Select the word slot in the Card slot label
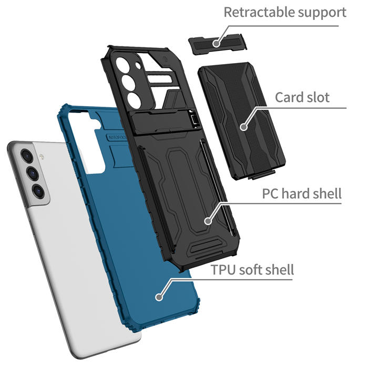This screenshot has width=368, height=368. tap(316, 97)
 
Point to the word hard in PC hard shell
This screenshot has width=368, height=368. tap(295, 193)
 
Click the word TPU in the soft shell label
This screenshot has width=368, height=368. tap(223, 270)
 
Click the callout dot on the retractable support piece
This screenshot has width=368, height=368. tap(216, 44)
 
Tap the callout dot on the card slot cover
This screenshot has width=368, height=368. tap(243, 127)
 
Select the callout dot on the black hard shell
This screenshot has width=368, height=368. tap(208, 221)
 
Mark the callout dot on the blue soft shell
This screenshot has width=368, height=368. tap(159, 297)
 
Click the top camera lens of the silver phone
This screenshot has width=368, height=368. tap(27, 156)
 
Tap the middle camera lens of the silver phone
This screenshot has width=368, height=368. tap(33, 173)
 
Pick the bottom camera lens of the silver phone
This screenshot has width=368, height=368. tap(38, 190)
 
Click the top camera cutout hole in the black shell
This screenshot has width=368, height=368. tap(122, 65)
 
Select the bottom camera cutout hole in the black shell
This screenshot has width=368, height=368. tap(134, 101)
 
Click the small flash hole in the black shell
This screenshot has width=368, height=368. tap(138, 66)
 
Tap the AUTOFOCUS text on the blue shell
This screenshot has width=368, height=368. tap(117, 138)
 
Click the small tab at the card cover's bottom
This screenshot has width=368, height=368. tap(262, 175)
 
